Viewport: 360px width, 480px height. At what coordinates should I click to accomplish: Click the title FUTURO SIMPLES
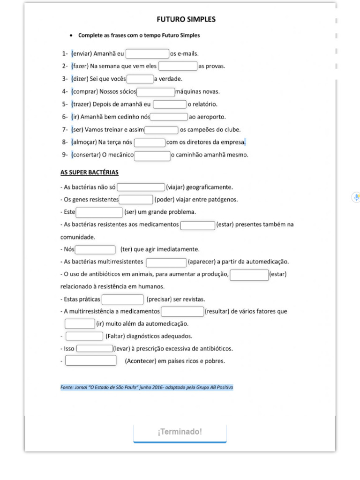(x=186, y=20)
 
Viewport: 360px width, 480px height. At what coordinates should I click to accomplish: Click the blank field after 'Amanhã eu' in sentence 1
(x=148, y=54)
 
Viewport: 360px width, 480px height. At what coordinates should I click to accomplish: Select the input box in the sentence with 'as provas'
(x=178, y=66)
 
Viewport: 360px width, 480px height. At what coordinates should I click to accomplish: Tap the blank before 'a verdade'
(x=140, y=79)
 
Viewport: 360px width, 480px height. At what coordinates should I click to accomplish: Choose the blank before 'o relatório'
(x=170, y=104)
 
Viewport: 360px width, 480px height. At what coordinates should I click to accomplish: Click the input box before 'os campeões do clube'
(x=162, y=130)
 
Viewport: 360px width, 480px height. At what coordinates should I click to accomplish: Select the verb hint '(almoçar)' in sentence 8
(x=84, y=142)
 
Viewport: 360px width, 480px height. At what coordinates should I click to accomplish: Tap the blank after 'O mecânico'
(x=152, y=155)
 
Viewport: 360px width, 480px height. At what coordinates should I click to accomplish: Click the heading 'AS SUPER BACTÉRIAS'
(x=90, y=172)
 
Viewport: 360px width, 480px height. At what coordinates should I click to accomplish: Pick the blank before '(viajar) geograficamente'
(x=141, y=187)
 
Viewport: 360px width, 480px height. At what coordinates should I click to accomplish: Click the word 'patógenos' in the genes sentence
(x=223, y=200)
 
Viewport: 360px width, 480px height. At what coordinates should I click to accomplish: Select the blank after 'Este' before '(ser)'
(x=99, y=212)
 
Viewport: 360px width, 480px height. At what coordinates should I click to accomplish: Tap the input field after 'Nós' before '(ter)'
(x=95, y=249)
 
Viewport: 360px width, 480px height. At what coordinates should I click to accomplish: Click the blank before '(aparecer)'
(x=166, y=262)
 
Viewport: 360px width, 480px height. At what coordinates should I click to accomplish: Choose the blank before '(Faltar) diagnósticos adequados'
(x=84, y=336)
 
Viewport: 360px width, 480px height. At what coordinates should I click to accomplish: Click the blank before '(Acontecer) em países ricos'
(x=91, y=361)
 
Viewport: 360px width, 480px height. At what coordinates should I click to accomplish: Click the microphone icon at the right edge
(x=356, y=197)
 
